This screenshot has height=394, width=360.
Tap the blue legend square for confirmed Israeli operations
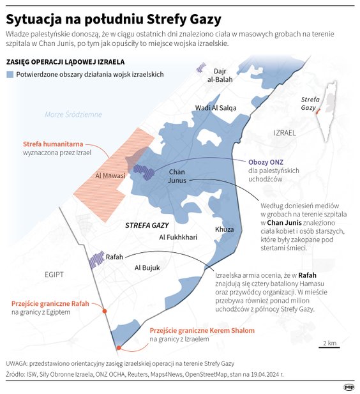pyautogui.click(x=10, y=75)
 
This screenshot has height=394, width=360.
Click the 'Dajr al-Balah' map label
pyautogui.click(x=220, y=75)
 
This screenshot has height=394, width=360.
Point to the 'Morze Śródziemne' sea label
pyautogui.click(x=73, y=114)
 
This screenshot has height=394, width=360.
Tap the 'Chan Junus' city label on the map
pyautogui.click(x=177, y=176)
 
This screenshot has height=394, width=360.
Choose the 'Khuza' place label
pyautogui.click(x=224, y=229)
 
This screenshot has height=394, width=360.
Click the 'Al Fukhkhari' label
pyautogui.click(x=177, y=238)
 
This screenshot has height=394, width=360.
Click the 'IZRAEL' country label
pyautogui.click(x=284, y=133)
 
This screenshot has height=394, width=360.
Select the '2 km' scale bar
pyautogui.click(x=330, y=347)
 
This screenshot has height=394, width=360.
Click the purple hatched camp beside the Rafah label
pyautogui.click(x=96, y=258)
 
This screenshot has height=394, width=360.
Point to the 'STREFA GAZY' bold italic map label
pyautogui.click(x=146, y=225)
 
